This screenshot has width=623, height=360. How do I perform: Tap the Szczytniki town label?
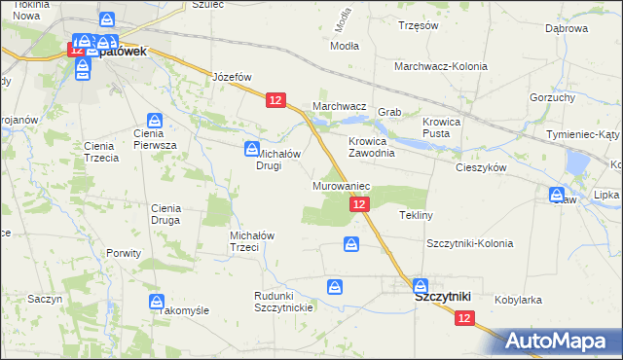tap(443, 297)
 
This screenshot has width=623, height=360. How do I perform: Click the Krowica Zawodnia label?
tap(372, 147)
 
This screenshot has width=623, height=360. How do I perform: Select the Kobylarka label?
tap(518, 300)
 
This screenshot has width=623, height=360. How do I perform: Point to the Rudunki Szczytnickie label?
tap(282, 301)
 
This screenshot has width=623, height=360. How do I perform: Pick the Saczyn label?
tap(45, 299)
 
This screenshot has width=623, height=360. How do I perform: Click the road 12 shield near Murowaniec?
tap(359, 203)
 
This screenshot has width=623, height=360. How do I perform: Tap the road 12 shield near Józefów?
tap(275, 100)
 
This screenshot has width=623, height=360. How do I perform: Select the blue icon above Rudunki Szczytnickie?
tap(335, 286)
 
